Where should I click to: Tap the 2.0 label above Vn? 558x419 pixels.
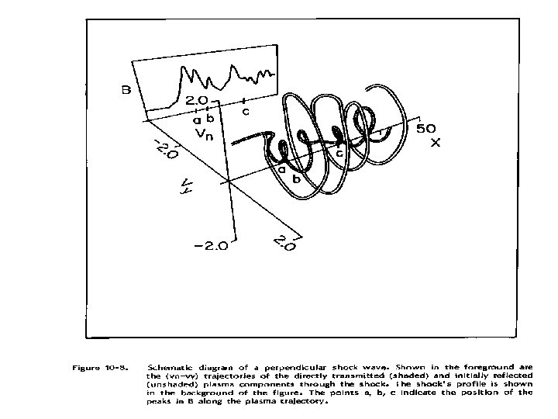[195, 99]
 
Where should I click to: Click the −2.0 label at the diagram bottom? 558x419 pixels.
[211, 247]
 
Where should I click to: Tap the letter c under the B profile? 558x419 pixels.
[246, 111]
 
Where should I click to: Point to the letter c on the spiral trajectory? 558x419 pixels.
[339, 153]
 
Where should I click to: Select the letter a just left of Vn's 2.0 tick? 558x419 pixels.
[197, 119]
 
